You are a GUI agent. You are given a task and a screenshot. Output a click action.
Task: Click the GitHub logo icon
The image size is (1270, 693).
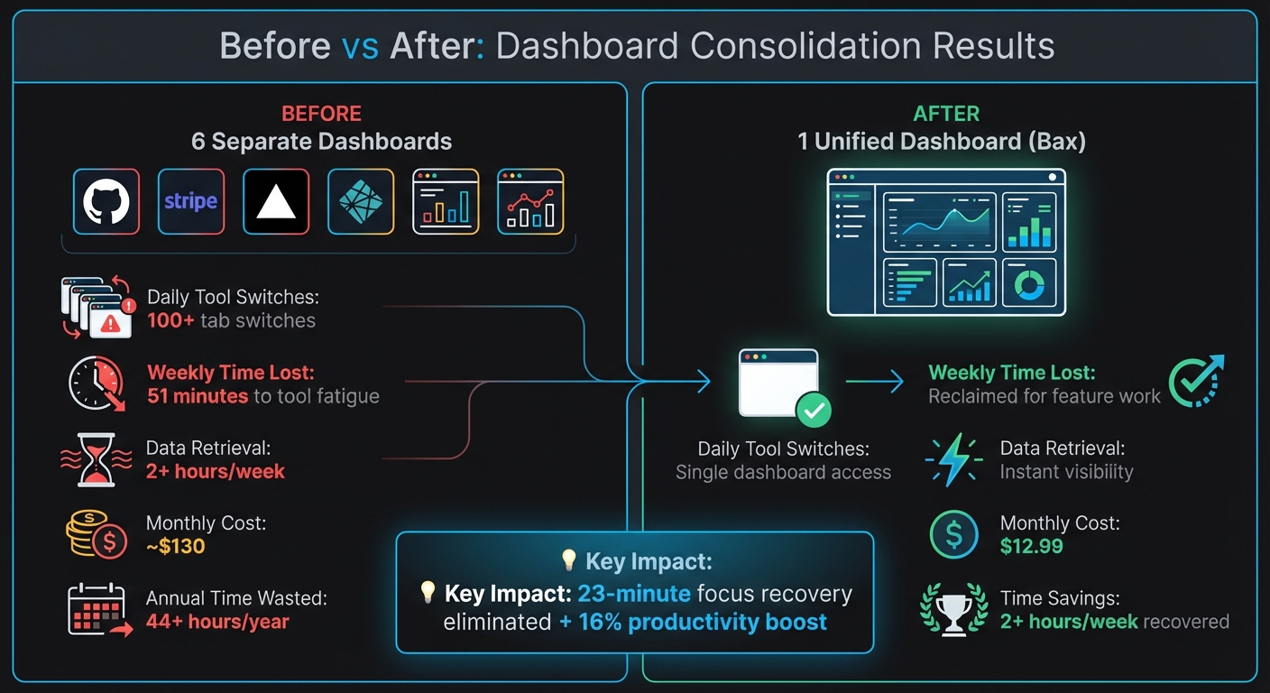pyautogui.click(x=106, y=202)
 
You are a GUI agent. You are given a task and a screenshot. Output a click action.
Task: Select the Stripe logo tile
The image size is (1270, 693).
pyautogui.click(x=191, y=202)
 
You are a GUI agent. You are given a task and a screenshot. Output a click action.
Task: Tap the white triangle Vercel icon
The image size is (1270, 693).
pyautogui.click(x=276, y=202)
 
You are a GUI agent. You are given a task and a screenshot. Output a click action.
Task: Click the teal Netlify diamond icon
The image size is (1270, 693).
pyautogui.click(x=361, y=202)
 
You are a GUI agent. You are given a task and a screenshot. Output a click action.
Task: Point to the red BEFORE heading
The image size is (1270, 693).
pyautogui.click(x=321, y=114)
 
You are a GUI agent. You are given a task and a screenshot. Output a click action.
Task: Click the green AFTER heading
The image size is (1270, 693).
pyautogui.click(x=946, y=114)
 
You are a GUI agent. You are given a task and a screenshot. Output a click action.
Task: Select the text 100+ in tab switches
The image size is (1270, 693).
pyautogui.click(x=170, y=320)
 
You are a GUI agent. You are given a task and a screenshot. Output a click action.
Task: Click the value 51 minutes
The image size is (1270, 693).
pyautogui.click(x=198, y=396)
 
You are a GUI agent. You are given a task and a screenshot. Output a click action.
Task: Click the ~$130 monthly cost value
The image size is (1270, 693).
pyautogui.click(x=176, y=546)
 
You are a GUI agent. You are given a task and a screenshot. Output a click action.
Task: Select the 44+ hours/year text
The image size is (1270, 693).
pyautogui.click(x=217, y=622)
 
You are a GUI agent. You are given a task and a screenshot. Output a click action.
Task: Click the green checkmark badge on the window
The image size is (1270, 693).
pyautogui.click(x=814, y=411)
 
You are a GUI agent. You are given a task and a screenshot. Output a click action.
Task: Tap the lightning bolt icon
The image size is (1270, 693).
pyautogui.click(x=954, y=459)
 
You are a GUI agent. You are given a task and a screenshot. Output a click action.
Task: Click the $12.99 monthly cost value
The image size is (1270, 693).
pyautogui.click(x=1031, y=546)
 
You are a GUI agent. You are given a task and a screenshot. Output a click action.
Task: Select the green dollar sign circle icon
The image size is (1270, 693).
pyautogui.click(x=953, y=534)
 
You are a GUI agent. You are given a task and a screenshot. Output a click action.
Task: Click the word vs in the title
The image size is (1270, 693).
pyautogui.click(x=360, y=46)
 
